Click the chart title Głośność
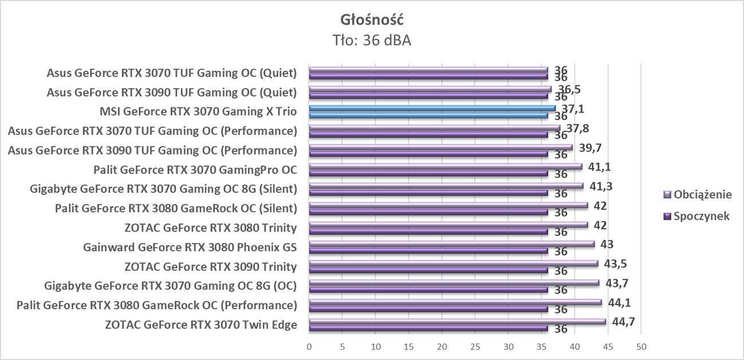[372, 20]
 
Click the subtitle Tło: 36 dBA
[372, 40]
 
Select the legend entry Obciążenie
[702, 195]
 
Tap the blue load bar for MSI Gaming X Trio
[432, 108]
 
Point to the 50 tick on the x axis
[642, 347]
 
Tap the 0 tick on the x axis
[309, 347]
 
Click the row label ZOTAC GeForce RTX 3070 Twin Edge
[201, 325]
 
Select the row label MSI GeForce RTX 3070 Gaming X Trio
[198, 112]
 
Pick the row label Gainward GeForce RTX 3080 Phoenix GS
[190, 248]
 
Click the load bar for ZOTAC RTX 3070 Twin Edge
[457, 322]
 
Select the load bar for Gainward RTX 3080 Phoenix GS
[452, 244]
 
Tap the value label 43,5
[616, 263]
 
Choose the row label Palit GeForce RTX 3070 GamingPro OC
[195, 170]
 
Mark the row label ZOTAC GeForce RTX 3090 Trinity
[211, 267]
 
